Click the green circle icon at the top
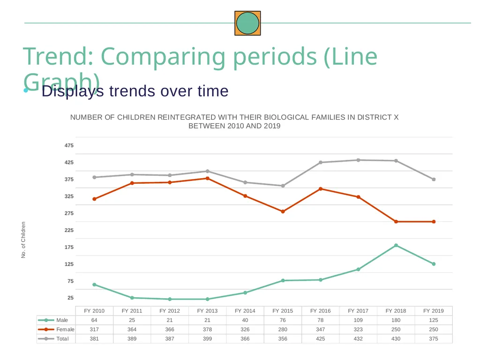pos(247,23)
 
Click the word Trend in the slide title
pos(58,57)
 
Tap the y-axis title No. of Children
pos(23,240)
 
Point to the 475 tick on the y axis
pos(69,145)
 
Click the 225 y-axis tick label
pos(69,230)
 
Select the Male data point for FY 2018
pos(396,246)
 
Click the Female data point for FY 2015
pos(283,211)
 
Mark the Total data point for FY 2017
pos(358,160)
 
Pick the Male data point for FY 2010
pos(94,285)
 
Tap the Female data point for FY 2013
pos(208,179)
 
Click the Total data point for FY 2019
pos(434,180)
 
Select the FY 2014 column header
pos(245,311)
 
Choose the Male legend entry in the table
pos(52,320)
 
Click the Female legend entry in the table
pos(56,330)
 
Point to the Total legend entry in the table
pos(53,339)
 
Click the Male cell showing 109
pos(358,320)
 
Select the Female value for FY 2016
pos(321,330)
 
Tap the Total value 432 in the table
pos(358,339)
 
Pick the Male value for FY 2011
pos(132,320)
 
